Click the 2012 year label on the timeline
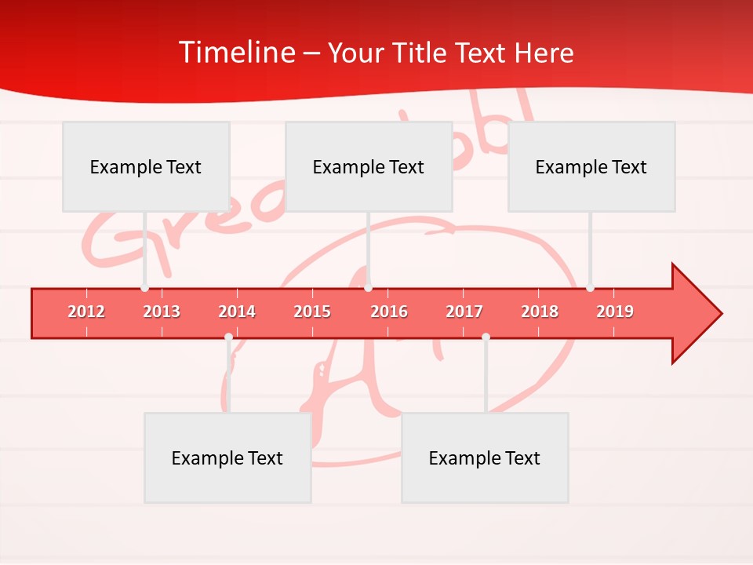click(86, 312)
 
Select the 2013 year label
click(162, 312)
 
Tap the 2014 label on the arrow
click(237, 312)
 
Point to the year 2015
click(312, 312)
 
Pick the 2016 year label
click(389, 312)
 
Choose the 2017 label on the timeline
click(464, 312)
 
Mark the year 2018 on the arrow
click(540, 312)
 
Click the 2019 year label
click(615, 312)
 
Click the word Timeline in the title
click(235, 53)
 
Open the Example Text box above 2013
click(146, 166)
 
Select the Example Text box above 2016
click(369, 166)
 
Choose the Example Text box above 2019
click(591, 166)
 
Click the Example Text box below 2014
click(227, 457)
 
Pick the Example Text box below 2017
click(485, 457)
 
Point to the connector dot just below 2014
click(228, 337)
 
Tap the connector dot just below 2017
click(486, 337)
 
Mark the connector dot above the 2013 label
click(144, 288)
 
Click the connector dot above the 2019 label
click(590, 288)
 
